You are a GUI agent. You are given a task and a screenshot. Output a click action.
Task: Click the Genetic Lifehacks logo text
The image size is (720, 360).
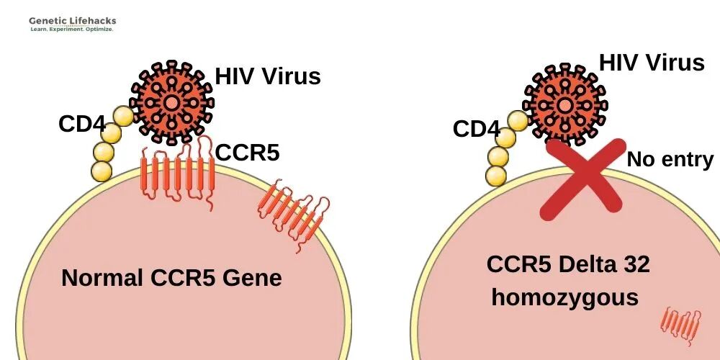click(x=72, y=21)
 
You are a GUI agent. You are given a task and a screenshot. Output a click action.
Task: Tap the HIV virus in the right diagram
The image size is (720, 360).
click(x=565, y=105)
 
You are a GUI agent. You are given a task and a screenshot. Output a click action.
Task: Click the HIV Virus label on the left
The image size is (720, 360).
click(x=268, y=76)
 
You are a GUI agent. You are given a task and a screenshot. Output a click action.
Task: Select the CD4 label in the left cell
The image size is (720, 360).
click(x=81, y=124)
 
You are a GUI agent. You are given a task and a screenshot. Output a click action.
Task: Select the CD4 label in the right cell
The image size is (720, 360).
click(x=476, y=129)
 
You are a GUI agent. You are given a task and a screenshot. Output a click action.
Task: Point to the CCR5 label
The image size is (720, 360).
click(x=247, y=152)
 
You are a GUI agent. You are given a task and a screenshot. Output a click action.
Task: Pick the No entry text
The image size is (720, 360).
click(x=670, y=159)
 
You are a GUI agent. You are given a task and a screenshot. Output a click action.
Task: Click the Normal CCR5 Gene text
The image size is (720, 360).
click(x=171, y=278)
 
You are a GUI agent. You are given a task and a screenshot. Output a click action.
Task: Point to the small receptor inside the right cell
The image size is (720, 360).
click(x=680, y=325)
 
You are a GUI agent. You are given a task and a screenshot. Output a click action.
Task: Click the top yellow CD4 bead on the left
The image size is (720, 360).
click(x=123, y=116)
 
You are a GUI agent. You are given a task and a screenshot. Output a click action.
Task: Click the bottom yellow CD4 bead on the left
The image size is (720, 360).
click(x=102, y=171)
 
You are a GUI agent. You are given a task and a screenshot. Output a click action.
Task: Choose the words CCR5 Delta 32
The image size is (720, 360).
click(x=568, y=264)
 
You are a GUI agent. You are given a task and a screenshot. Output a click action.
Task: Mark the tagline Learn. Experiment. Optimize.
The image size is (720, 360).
click(x=72, y=30)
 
